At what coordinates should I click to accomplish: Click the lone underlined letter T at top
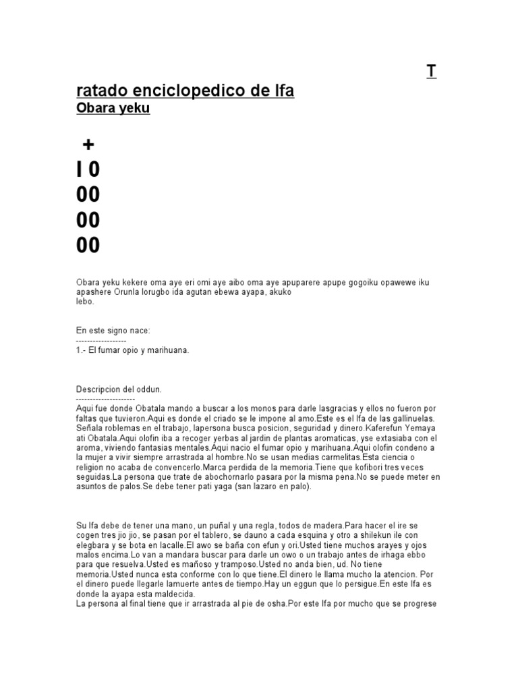click(x=431, y=72)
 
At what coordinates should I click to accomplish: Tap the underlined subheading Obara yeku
click(x=113, y=109)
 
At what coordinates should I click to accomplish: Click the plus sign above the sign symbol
click(x=88, y=144)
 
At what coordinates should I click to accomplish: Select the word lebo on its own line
click(x=85, y=302)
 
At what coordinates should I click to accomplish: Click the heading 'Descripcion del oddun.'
click(x=119, y=390)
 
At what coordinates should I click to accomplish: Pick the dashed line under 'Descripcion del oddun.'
click(x=106, y=399)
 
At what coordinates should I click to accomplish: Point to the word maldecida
click(x=173, y=594)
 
